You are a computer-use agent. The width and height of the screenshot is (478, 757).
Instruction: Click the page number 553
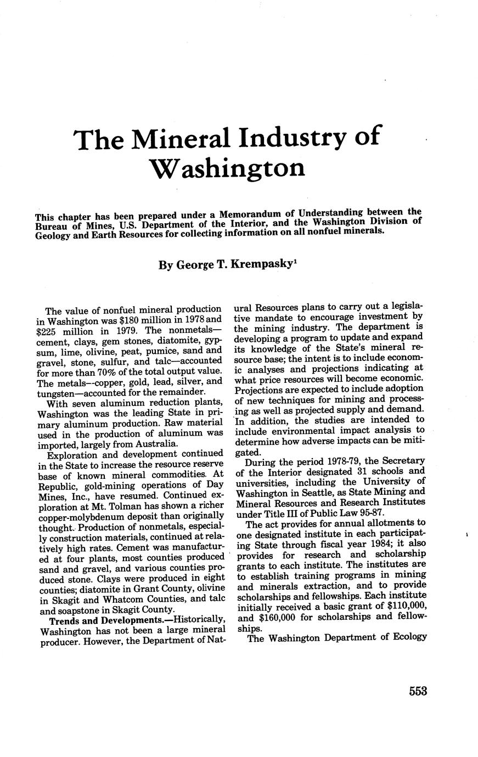click(417, 691)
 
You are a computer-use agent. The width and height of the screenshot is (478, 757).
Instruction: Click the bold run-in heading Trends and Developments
click(106, 620)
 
